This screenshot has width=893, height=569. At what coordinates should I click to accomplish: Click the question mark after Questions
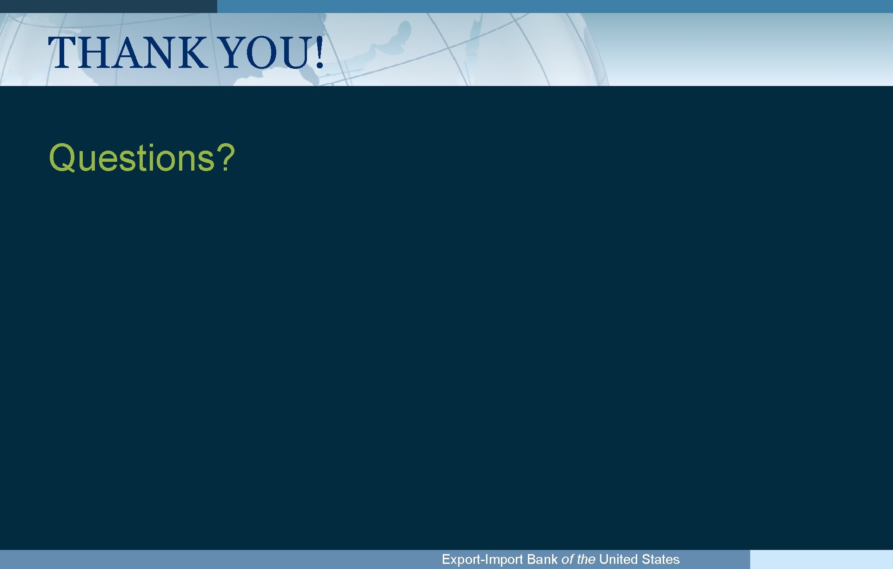pos(226,158)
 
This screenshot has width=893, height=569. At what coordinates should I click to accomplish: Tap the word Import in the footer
pos(504,559)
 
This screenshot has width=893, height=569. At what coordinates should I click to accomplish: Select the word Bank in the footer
pos(542,559)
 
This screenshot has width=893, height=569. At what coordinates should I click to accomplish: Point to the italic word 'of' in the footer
pos(567,559)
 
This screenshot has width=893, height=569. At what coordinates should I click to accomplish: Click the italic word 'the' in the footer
pos(586,559)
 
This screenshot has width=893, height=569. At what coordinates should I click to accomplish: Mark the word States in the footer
pos(660,559)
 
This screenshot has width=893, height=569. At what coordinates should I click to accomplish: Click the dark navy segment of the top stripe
pos(108,6)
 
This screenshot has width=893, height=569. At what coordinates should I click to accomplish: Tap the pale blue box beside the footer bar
pos(821,559)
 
